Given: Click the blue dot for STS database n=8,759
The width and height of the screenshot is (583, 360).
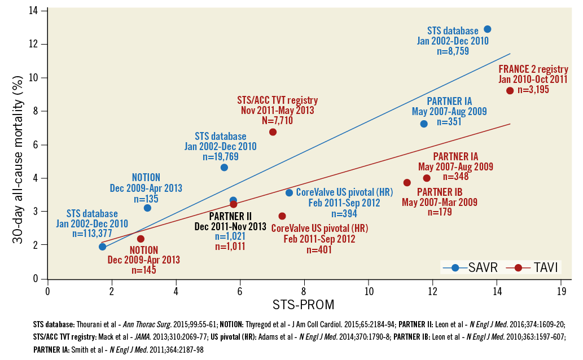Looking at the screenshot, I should click(488, 29).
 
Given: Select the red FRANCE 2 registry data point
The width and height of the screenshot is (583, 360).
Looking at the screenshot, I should click(510, 90).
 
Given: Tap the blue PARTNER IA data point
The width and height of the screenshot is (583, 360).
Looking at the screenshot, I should click(424, 124).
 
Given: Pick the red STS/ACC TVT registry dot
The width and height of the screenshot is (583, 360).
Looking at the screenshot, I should click(273, 132).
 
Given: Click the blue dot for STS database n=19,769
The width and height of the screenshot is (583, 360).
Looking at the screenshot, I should click(224, 168).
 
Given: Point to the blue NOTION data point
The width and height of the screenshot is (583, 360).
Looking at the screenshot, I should click(147, 208).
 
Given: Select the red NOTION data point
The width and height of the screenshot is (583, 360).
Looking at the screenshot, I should click(141, 239).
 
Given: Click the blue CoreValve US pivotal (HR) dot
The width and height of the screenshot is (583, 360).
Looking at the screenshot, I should click(289, 192).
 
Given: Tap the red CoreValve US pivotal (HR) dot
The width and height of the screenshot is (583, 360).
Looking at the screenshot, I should click(282, 216).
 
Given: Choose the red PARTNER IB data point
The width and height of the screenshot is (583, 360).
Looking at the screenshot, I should click(407, 182).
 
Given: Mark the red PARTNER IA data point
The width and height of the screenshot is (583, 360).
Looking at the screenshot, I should click(427, 178).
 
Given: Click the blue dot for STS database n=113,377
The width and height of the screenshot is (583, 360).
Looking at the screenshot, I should click(102, 247).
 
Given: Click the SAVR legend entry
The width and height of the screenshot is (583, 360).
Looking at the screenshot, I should click(470, 268).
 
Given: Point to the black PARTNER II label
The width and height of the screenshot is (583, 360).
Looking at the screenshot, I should click(230, 216).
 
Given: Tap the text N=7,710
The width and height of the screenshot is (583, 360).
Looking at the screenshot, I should click(277, 120).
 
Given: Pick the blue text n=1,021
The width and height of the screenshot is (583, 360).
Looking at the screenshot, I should click(230, 236).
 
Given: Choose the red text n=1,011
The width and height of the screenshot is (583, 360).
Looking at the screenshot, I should click(230, 246).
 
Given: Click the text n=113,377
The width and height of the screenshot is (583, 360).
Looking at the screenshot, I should click(92, 234).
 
